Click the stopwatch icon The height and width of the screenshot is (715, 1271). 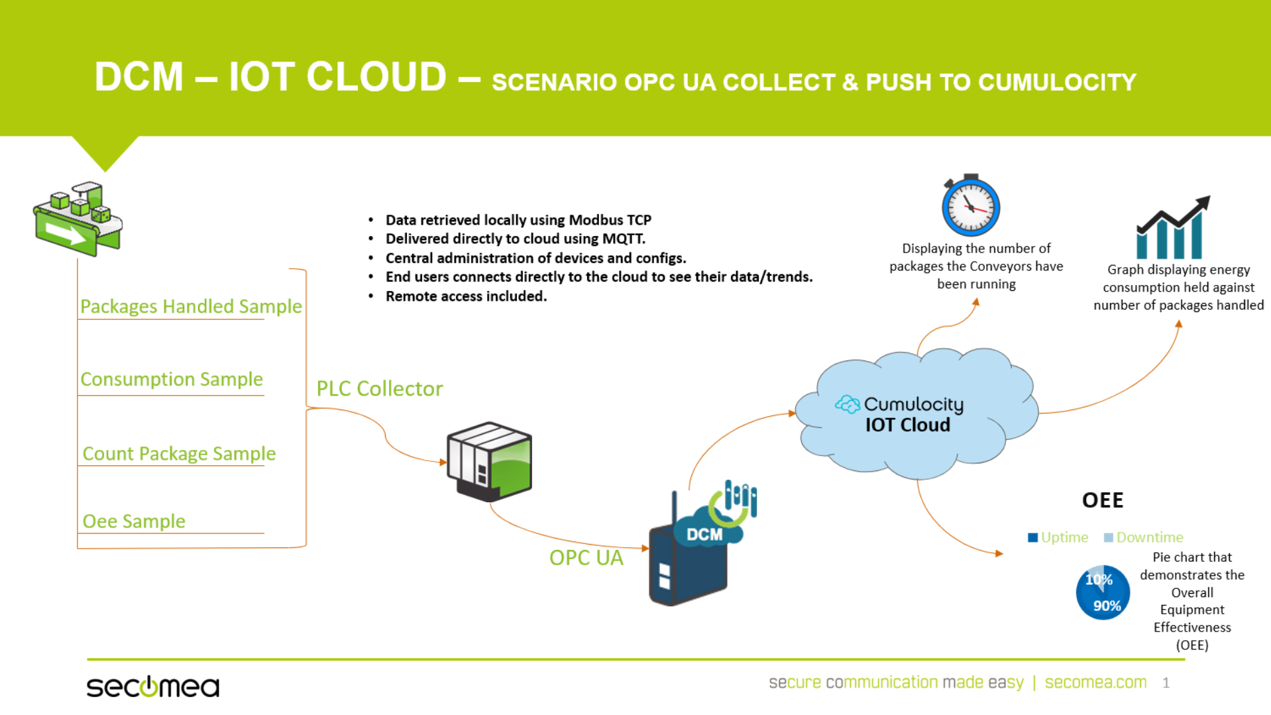(971, 205)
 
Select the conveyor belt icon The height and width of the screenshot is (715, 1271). (78, 219)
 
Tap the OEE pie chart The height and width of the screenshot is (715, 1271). (1103, 592)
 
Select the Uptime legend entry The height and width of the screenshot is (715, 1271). (1058, 537)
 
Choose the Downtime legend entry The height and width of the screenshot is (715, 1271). (1143, 537)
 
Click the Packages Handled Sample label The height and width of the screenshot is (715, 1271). (191, 306)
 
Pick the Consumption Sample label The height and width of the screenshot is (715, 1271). (172, 379)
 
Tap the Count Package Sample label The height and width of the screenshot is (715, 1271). (179, 453)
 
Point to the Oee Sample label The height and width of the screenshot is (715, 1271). (134, 521)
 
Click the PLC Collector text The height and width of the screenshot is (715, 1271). (380, 388)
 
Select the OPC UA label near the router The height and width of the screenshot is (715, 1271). (586, 558)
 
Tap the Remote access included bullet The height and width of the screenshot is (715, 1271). (467, 296)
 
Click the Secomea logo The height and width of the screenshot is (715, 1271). (153, 687)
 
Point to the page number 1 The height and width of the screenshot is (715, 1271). (1166, 683)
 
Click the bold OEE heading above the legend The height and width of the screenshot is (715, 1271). (1103, 500)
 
